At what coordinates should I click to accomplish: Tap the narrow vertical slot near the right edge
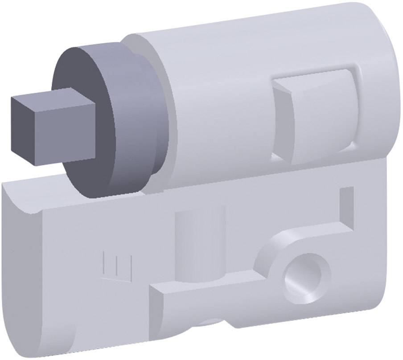pos(346,208)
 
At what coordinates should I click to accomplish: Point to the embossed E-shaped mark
pos(117,266)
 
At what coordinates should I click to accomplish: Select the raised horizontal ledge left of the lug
pos(205,290)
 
